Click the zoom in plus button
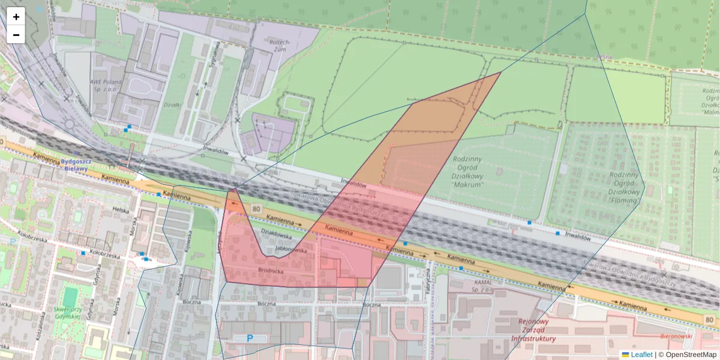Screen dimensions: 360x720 click(16, 17)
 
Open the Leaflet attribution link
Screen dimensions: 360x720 click(641, 355)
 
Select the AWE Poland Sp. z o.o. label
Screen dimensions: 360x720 click(106, 85)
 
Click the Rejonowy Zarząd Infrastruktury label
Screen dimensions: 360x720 click(533, 329)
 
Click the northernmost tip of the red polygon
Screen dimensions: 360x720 click(501, 72)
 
